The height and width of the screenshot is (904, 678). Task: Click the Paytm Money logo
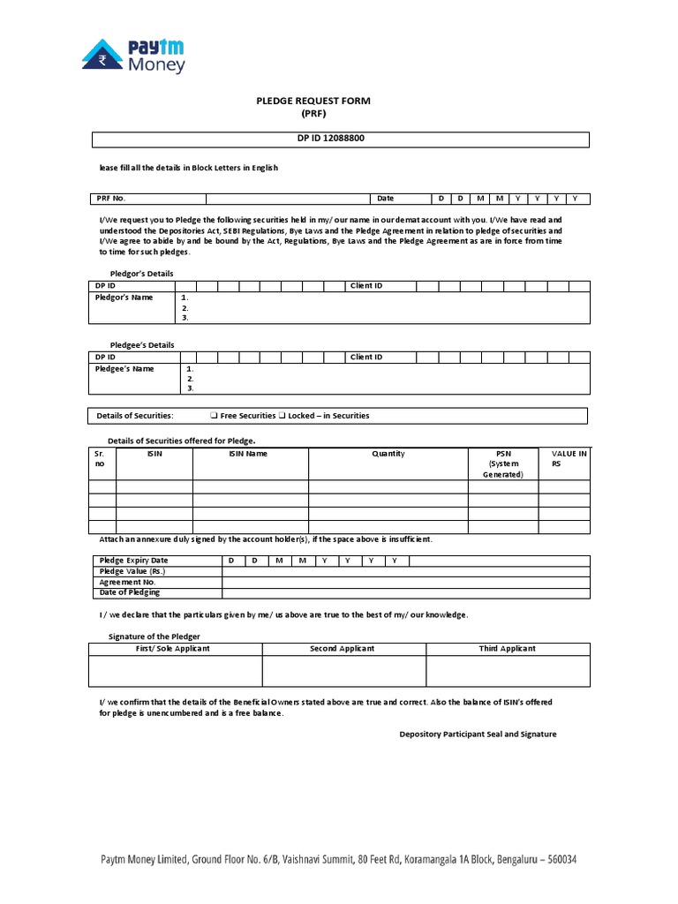133,54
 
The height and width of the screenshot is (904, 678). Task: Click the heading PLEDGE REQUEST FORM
313,102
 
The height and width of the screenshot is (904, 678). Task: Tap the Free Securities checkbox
215,416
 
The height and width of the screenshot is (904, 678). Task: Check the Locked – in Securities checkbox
282,416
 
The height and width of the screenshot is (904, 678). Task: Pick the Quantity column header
388,454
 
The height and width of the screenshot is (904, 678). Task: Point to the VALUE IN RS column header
563,458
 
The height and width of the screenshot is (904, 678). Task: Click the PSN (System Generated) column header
502,463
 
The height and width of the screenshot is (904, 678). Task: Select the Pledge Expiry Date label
133,561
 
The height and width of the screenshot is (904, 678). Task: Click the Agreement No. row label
127,582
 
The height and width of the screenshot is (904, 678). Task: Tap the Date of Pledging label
130,592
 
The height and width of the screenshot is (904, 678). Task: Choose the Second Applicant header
343,649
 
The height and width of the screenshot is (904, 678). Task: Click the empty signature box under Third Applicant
508,670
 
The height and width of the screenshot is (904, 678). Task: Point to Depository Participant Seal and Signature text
478,734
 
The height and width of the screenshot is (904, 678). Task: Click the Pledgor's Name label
124,298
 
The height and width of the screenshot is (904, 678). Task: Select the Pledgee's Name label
124,369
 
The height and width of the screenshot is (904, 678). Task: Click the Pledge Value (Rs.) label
132,571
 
